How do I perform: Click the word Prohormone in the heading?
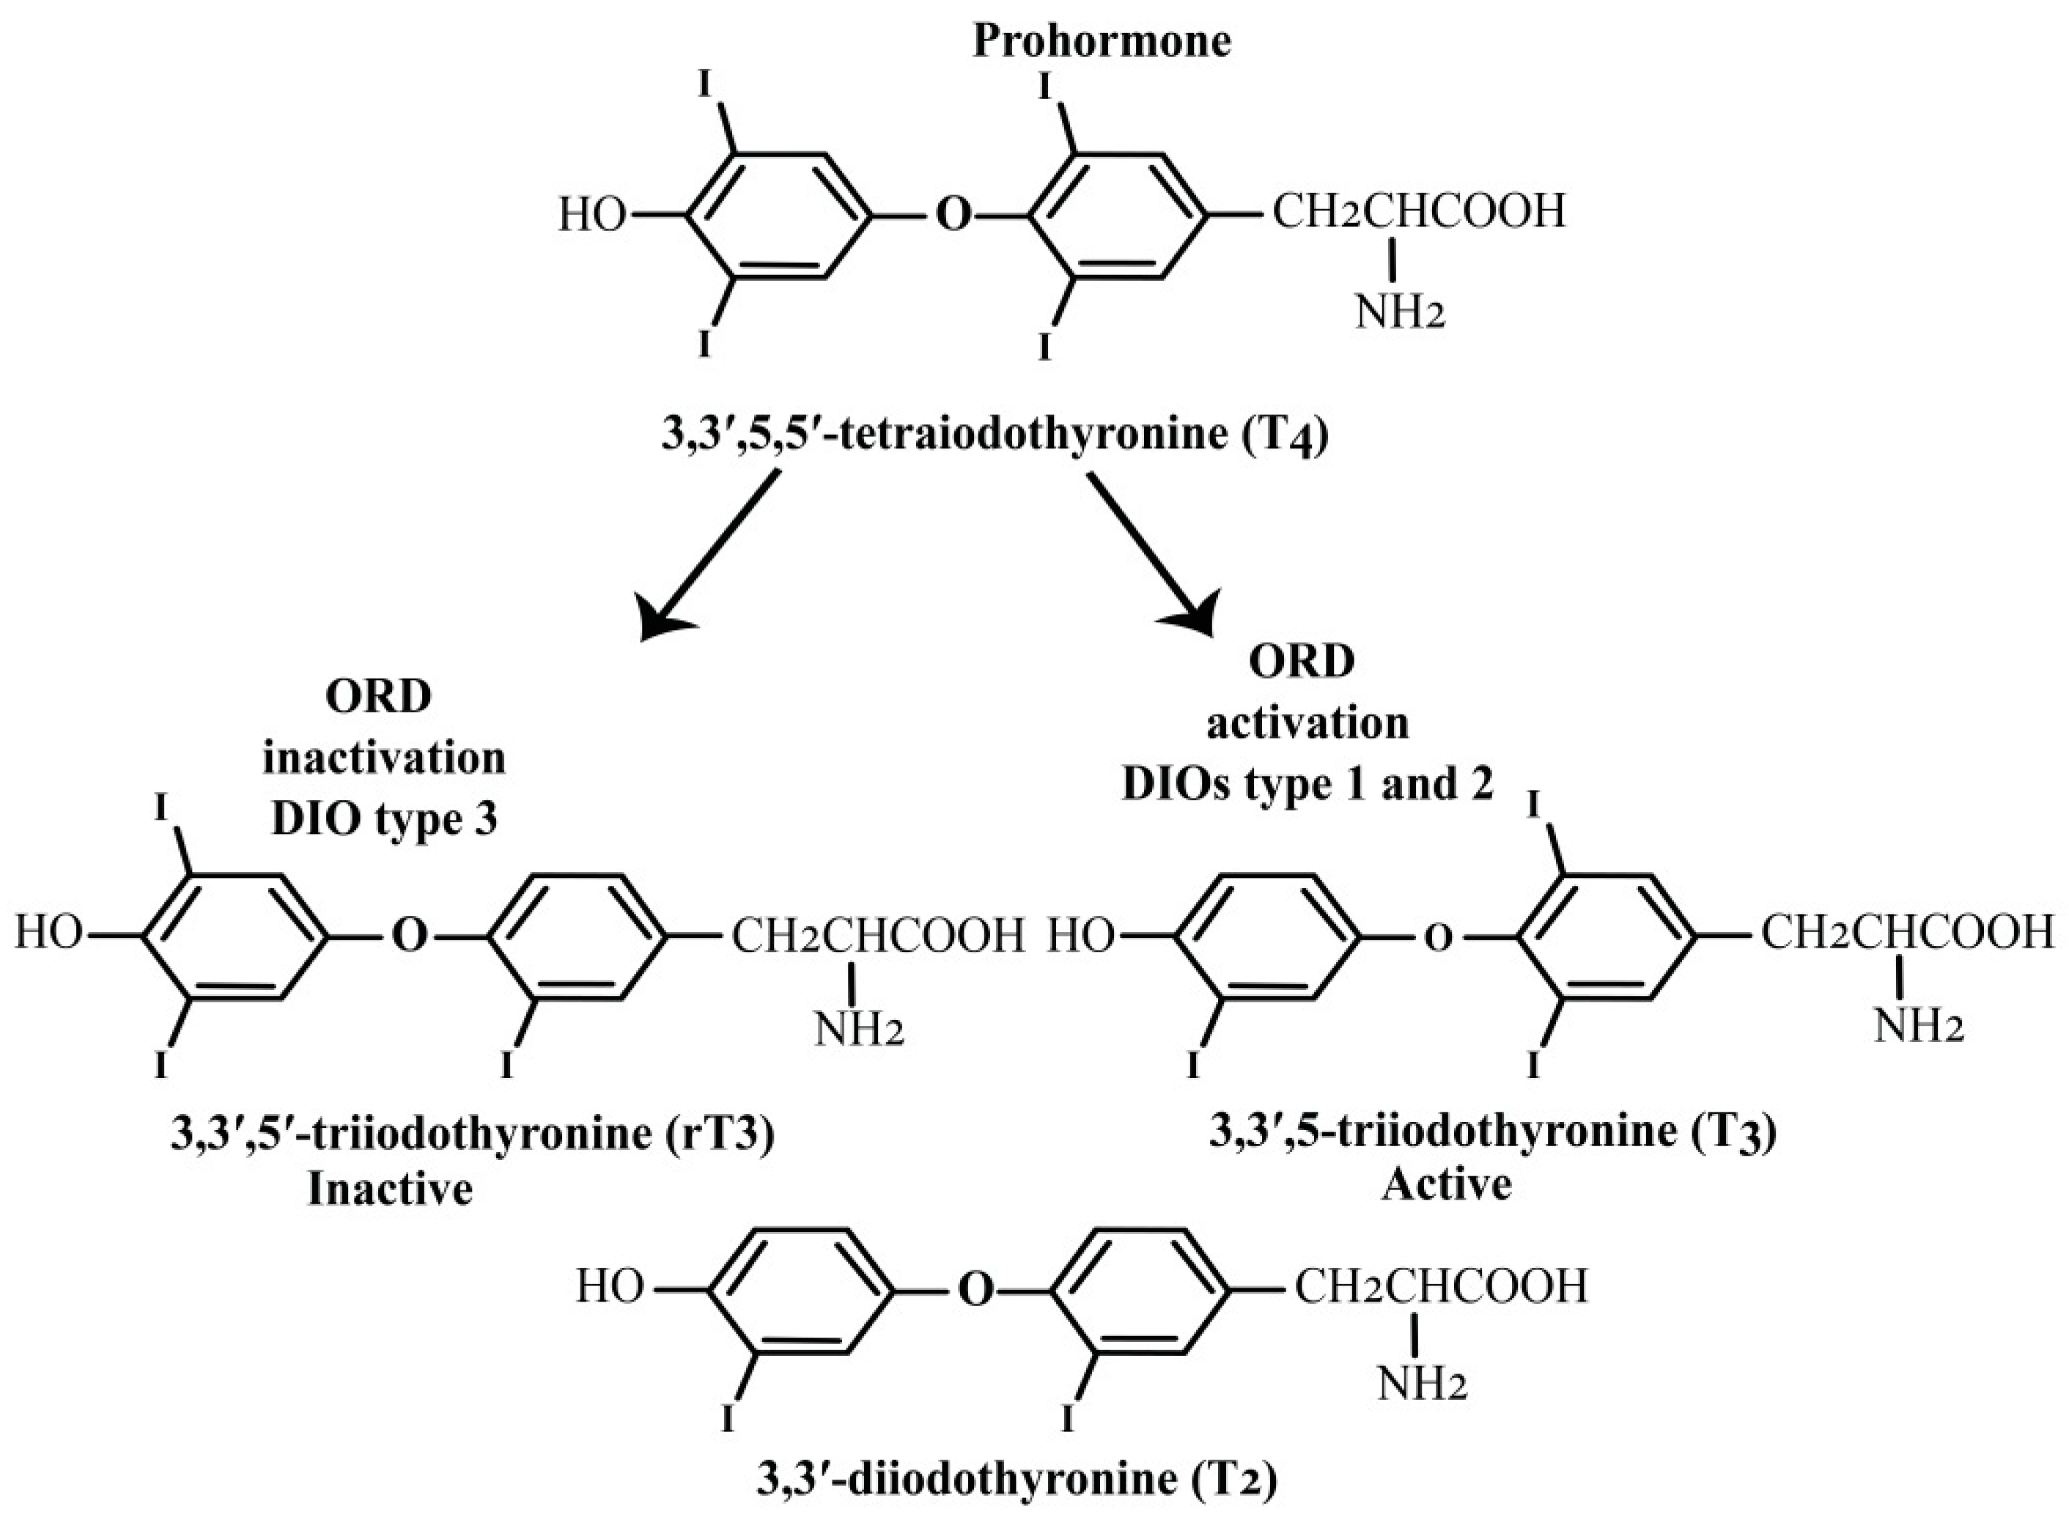(x=1101, y=42)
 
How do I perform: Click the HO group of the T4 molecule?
(x=592, y=215)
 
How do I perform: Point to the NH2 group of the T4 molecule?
(x=1399, y=313)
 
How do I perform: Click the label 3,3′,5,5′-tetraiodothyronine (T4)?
(x=995, y=434)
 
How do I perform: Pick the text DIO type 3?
(x=385, y=819)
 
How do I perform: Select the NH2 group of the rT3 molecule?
(x=858, y=1030)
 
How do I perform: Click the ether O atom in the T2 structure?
(x=974, y=1288)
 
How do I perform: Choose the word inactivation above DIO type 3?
(x=385, y=759)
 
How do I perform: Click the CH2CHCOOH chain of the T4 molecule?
(x=1420, y=212)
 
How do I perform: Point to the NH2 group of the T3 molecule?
(x=1917, y=1027)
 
